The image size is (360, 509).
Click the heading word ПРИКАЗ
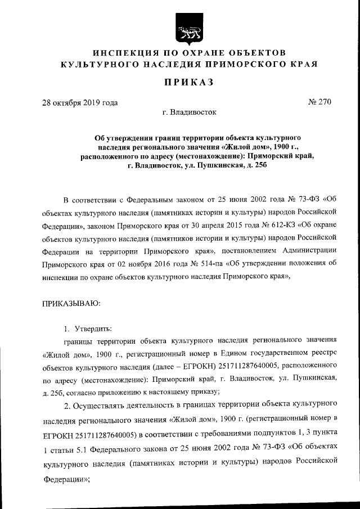click(188, 83)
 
